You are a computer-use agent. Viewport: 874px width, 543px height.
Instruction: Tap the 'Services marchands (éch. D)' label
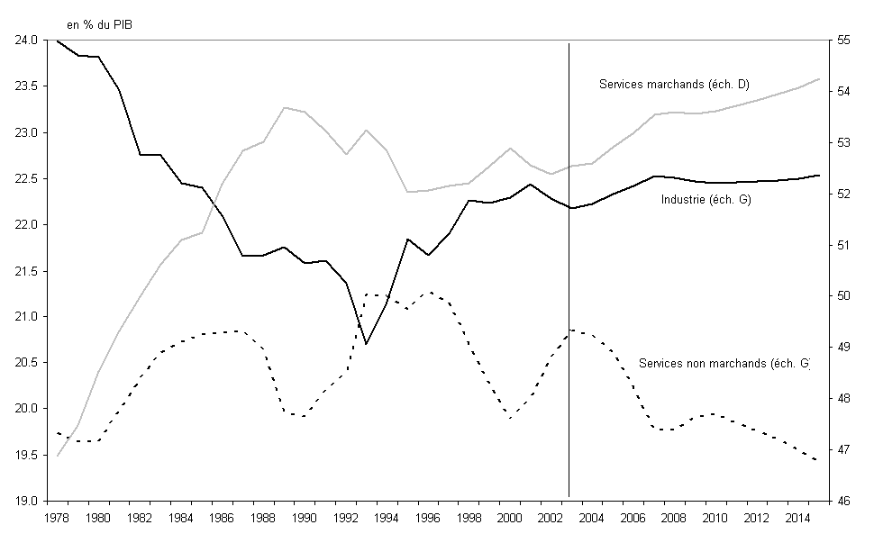pyautogui.click(x=674, y=85)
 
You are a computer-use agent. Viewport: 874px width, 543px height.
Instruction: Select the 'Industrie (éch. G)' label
pyautogui.click(x=706, y=199)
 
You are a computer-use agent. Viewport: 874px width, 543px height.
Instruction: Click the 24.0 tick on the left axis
pyautogui.click(x=25, y=41)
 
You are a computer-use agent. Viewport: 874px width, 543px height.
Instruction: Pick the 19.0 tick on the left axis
pyautogui.click(x=25, y=501)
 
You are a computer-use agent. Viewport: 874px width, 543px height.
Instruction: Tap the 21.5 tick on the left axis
pyautogui.click(x=25, y=271)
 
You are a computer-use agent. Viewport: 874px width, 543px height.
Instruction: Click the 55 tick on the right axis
pyautogui.click(x=844, y=41)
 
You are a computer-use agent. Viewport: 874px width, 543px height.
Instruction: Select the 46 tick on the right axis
pyautogui.click(x=844, y=501)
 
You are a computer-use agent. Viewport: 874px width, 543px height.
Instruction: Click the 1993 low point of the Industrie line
pyautogui.click(x=366, y=344)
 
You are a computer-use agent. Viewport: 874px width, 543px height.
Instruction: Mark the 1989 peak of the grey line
pyautogui.click(x=284, y=107)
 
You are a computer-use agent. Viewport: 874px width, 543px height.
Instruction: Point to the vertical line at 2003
pyautogui.click(x=569, y=270)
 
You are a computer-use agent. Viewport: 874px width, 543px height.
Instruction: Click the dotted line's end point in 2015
pyautogui.click(x=817, y=460)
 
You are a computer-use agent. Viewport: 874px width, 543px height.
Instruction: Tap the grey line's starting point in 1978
pyautogui.click(x=58, y=456)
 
